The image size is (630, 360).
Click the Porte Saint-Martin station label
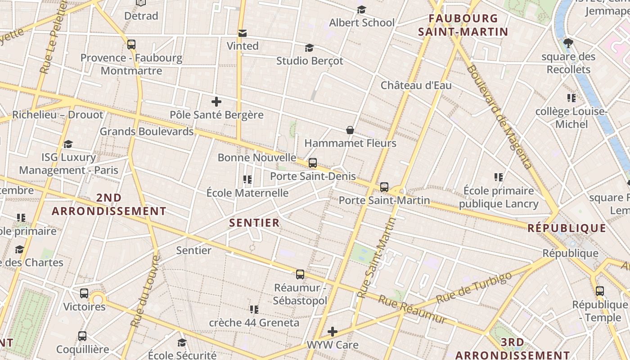click(x=384, y=200)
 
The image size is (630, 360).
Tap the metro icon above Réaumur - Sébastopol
click(x=300, y=274)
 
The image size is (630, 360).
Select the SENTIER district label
click(x=254, y=223)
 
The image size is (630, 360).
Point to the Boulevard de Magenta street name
click(x=499, y=117)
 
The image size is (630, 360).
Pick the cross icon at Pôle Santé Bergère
click(x=216, y=102)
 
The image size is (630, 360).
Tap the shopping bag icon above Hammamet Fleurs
click(x=350, y=130)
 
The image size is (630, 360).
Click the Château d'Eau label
click(x=416, y=85)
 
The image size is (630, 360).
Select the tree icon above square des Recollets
click(x=568, y=43)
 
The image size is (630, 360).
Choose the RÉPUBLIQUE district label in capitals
click(x=567, y=228)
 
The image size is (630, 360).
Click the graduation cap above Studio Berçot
click(x=309, y=48)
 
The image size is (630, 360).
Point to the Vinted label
click(x=243, y=46)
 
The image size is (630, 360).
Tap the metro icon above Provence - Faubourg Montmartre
click(x=131, y=45)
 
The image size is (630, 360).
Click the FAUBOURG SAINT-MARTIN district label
click(x=463, y=25)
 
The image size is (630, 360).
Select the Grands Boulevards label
click(x=147, y=131)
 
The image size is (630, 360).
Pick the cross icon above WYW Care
click(x=333, y=332)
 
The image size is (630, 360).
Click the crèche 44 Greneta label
click(x=254, y=323)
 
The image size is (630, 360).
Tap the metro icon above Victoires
click(x=84, y=293)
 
